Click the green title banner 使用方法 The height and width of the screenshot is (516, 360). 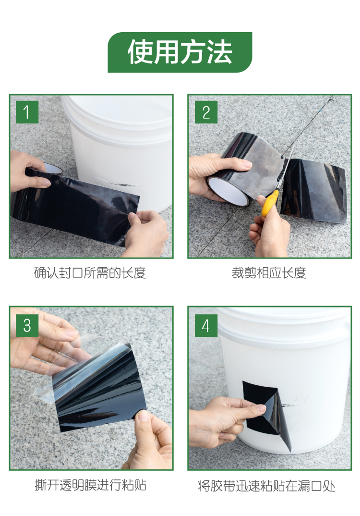180,52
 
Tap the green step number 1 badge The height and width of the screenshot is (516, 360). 27,112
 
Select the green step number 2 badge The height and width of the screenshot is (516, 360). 206,112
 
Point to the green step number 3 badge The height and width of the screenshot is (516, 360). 27,325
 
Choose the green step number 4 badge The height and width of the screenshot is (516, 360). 206,325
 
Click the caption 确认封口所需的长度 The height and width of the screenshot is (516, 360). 90,273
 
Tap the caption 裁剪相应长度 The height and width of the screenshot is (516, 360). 269,273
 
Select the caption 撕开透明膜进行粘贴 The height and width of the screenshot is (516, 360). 91,485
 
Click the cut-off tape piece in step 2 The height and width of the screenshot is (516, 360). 314,191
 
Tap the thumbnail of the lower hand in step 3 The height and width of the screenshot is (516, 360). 143,416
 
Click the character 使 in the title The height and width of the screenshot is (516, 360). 140,52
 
